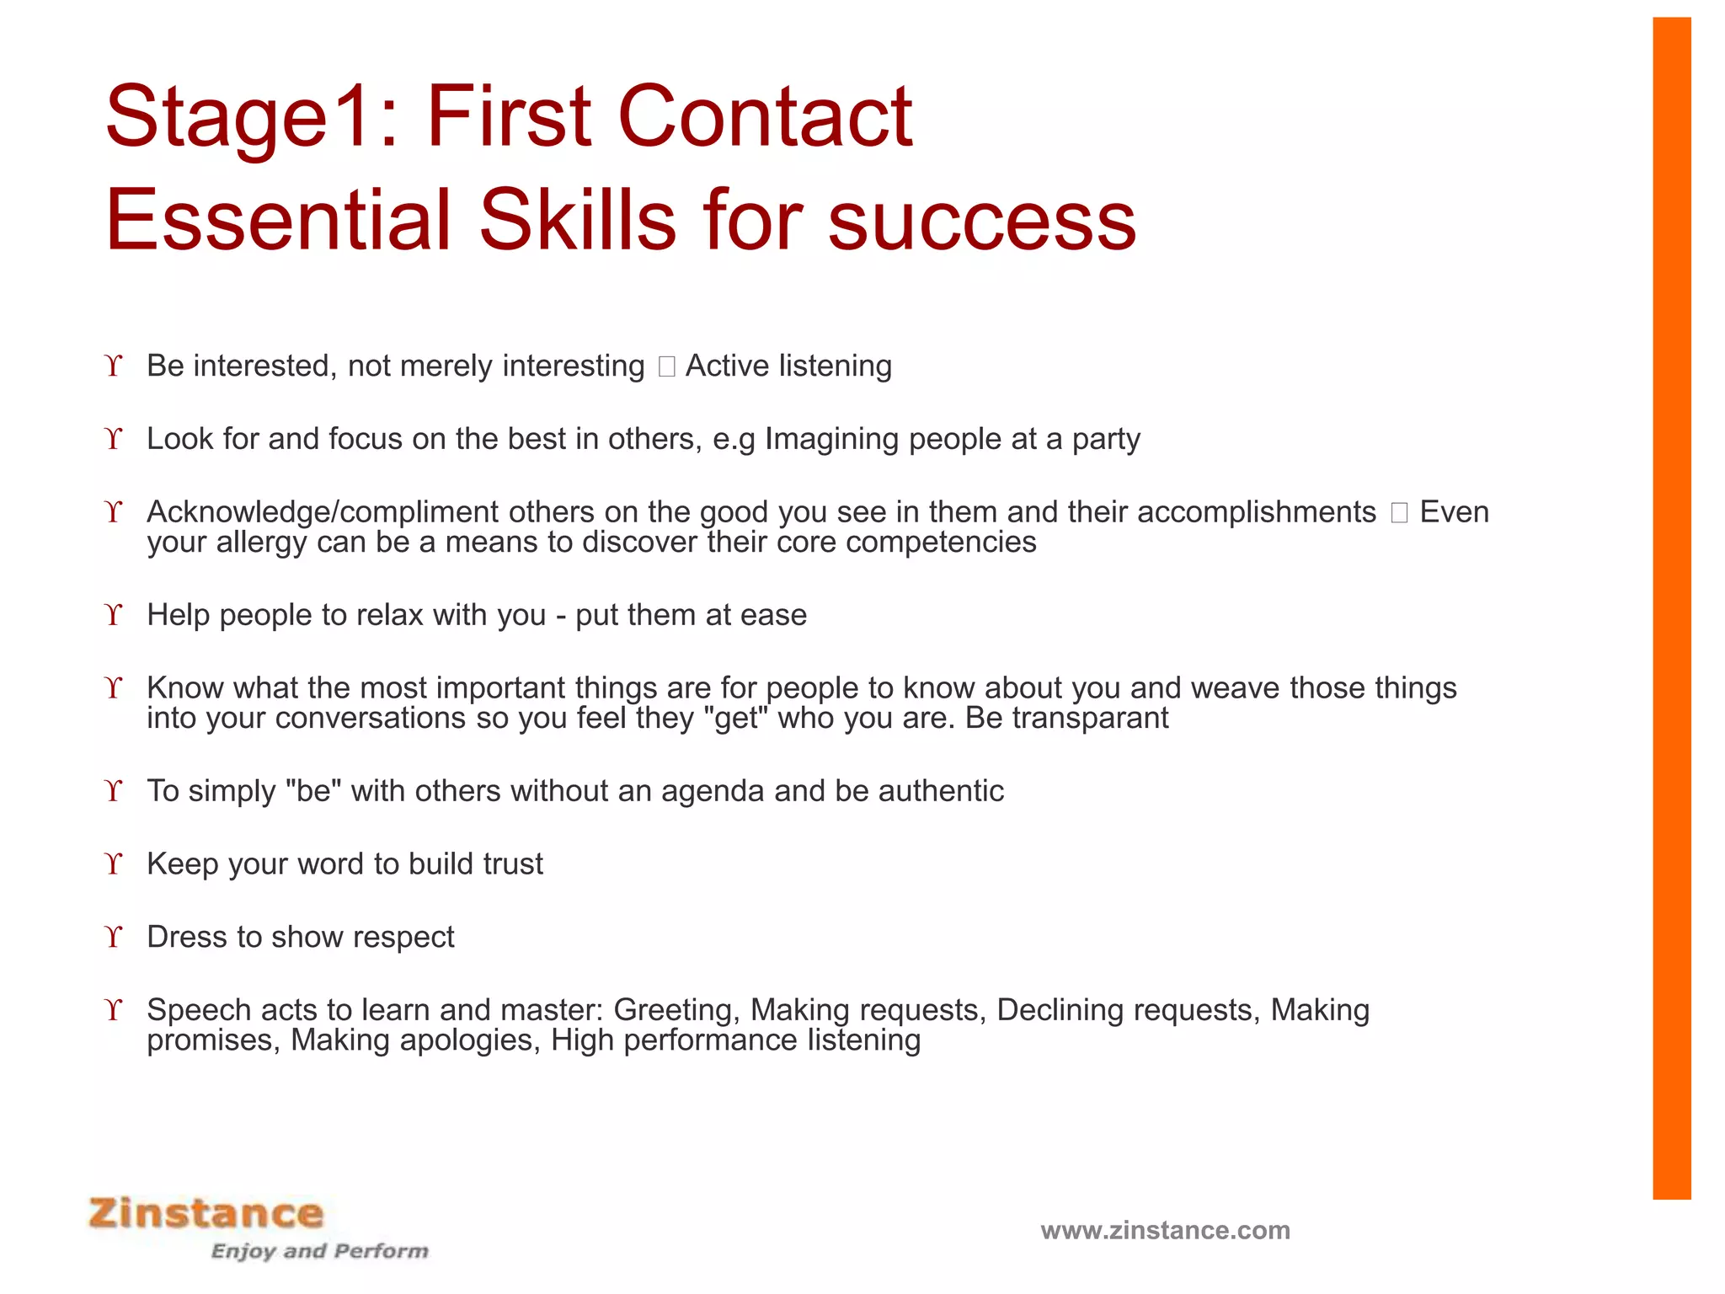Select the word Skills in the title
577,221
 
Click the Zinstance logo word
206,1214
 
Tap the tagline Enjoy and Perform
319,1251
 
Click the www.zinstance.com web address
1165,1231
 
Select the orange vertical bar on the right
1671,607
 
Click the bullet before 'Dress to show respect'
114,937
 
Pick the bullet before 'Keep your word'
114,864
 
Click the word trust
512,864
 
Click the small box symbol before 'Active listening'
666,366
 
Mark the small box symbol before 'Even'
1399,512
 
